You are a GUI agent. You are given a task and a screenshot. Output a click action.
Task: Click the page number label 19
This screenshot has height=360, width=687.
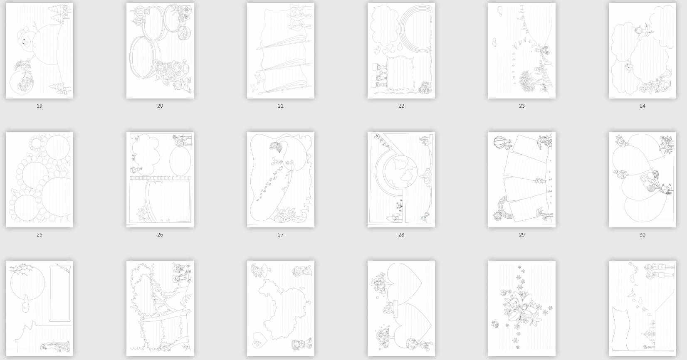pos(39,106)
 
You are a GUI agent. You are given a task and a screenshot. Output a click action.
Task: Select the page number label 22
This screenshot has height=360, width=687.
pos(401,106)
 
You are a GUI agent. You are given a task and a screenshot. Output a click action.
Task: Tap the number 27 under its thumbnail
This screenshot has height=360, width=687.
pos(281,234)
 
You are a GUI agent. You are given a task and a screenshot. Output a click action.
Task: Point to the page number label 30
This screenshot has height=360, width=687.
pos(642,234)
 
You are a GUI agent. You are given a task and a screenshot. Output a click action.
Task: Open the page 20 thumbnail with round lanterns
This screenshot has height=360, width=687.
pos(160,51)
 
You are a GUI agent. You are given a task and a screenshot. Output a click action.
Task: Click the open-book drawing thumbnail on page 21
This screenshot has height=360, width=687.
pos(281,51)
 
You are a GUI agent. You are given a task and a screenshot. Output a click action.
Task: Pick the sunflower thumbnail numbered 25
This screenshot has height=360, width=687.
pos(39,180)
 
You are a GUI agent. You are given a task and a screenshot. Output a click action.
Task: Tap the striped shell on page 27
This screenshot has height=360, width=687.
pos(277,147)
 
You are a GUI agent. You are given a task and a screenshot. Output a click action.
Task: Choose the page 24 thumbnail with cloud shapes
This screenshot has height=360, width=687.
pos(642,51)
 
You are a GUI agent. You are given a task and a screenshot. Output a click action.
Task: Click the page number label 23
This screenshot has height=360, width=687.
pos(521,106)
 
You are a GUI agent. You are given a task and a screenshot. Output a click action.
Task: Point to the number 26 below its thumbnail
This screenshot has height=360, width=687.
pos(160,234)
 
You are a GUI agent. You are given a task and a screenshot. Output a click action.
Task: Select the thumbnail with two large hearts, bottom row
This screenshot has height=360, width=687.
pos(401,308)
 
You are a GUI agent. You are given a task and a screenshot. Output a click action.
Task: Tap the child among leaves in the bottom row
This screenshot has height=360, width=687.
pos(519,307)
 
